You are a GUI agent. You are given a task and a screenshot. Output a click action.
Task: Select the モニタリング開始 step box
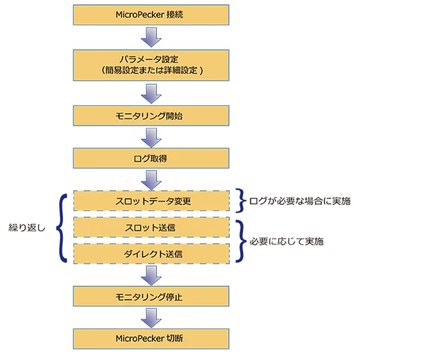click(x=149, y=116)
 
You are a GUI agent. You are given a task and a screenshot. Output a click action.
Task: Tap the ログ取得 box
click(x=149, y=158)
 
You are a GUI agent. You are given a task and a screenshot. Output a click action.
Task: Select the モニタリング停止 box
click(x=149, y=296)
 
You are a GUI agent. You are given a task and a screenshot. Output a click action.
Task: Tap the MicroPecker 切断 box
click(x=149, y=339)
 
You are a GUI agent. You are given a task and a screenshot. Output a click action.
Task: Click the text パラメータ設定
click(x=149, y=59)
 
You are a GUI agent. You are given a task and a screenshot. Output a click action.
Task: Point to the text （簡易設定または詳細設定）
click(x=149, y=71)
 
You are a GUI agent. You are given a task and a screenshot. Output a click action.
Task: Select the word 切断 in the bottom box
click(x=174, y=339)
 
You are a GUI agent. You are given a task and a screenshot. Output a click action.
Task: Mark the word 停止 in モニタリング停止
click(x=174, y=296)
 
